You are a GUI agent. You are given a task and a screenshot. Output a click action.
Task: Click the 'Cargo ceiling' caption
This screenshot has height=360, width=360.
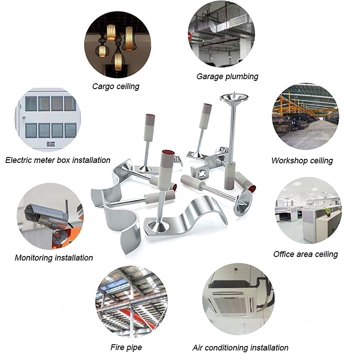click(x=116, y=86)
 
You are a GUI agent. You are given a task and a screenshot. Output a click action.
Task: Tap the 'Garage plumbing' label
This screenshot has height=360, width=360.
click(x=227, y=76)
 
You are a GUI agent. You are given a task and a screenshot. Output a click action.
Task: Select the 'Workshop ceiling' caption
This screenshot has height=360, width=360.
click(x=302, y=161)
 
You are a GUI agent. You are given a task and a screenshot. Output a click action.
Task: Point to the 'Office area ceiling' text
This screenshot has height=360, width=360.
click(x=306, y=254)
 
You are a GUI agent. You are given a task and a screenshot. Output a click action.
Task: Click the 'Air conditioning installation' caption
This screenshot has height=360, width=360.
click(x=240, y=348)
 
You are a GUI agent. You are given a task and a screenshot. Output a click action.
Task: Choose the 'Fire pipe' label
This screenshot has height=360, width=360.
click(x=126, y=347)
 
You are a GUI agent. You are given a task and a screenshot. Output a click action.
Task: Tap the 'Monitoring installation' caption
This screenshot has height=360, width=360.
click(x=54, y=258)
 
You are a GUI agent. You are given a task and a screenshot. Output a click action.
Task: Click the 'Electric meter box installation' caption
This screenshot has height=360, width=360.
click(x=58, y=160)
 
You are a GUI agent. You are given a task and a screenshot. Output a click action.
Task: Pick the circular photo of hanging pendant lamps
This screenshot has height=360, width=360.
click(x=117, y=45)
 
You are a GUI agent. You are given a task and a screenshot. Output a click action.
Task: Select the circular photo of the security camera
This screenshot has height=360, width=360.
click(x=50, y=216)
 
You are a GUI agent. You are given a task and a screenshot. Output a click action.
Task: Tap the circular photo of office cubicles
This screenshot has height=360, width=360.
click(x=308, y=210)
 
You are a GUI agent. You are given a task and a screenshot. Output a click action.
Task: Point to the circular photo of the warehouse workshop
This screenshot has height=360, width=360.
click(x=306, y=117)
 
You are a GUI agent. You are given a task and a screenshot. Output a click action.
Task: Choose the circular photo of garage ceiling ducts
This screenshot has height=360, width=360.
click(x=221, y=34)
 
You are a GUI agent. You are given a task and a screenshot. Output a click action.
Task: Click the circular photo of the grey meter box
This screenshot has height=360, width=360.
click(x=48, y=120)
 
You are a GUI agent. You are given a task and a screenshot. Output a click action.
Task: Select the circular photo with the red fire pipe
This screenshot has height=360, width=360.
click(x=131, y=301)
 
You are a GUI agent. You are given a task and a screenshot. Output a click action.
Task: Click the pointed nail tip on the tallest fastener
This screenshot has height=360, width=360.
click(x=234, y=94)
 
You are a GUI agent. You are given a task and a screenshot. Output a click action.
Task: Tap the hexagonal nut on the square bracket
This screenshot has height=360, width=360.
click(x=202, y=173)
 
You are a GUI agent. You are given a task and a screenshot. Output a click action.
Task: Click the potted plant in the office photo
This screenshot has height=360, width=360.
click(x=328, y=211)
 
